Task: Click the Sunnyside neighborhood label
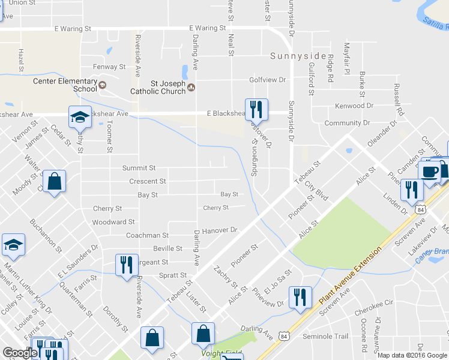[x=298, y=57]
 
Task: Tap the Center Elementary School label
[x=65, y=85]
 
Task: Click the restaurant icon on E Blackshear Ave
[x=257, y=109]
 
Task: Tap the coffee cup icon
[x=430, y=172]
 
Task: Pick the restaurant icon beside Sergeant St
[x=126, y=264]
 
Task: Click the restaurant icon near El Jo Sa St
[x=300, y=297]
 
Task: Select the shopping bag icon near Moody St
[x=54, y=181]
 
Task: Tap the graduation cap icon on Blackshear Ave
[x=79, y=117]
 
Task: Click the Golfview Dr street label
[x=268, y=79]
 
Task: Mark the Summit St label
[x=139, y=168]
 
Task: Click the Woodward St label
[x=109, y=222]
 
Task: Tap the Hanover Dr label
[x=220, y=230]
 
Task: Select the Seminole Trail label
[x=325, y=336]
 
